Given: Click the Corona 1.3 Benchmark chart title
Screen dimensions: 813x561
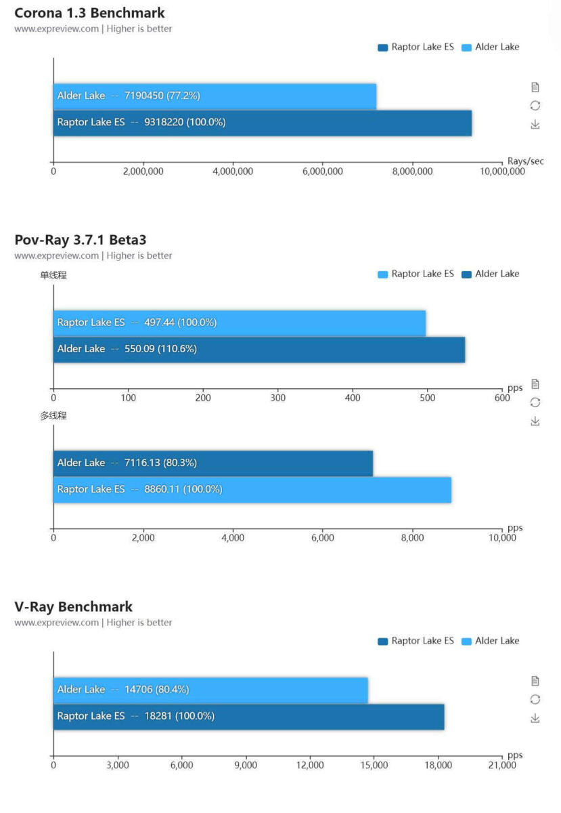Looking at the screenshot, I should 89,13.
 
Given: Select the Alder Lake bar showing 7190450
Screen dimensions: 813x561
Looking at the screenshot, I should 215,96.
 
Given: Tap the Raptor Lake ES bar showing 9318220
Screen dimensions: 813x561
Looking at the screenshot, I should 262,123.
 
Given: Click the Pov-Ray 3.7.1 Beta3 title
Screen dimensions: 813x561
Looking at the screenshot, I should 81,240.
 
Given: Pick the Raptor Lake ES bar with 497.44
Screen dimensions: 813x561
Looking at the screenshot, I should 239,322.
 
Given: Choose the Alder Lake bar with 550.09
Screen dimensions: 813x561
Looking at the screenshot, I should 259,349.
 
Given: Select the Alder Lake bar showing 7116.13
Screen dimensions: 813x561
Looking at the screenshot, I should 212,463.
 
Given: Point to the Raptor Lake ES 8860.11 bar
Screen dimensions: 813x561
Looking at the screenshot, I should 252,489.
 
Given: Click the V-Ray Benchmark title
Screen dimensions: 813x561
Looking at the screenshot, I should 73,606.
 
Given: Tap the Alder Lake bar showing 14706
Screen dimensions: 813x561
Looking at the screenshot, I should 210,690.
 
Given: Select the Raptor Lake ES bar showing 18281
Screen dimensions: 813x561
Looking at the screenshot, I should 248,716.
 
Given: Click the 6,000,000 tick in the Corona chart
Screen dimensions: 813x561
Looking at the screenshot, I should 322,171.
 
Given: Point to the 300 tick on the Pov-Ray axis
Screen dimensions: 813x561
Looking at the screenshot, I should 277,398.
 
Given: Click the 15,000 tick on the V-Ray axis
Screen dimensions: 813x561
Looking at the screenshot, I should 374,765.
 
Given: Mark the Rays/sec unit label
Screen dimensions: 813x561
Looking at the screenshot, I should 525,161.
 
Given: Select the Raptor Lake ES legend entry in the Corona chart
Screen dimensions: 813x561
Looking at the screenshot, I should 416,47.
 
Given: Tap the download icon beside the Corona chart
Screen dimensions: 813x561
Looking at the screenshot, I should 535,125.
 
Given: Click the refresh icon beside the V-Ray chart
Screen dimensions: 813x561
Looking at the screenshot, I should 535,699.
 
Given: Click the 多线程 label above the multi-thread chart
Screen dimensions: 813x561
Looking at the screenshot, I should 53,416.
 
